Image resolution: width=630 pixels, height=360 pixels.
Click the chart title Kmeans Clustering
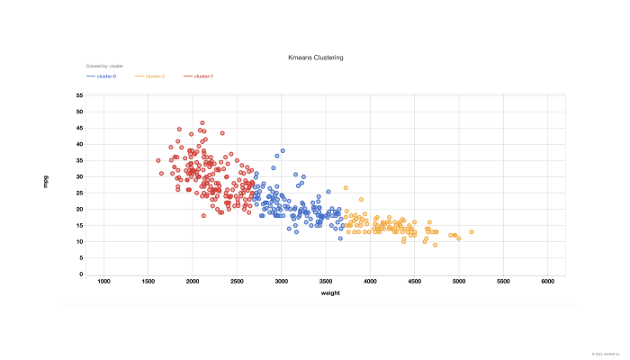point(315,58)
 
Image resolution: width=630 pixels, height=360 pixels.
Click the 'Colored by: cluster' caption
point(104,67)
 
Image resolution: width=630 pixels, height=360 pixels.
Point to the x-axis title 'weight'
point(329,293)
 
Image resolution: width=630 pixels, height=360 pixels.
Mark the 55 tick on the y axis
point(80,95)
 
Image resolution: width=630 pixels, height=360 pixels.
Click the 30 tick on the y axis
point(80,176)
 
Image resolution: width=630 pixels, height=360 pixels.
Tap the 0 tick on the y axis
point(82,274)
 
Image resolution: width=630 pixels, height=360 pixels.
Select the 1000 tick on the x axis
point(103,283)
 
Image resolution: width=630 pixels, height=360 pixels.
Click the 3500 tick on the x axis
point(326,283)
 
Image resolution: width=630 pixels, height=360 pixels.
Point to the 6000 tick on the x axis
point(548,283)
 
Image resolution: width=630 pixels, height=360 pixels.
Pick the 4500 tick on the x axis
point(414,283)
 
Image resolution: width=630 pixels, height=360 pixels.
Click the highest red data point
point(202,123)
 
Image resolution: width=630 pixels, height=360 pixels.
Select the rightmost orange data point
point(471,232)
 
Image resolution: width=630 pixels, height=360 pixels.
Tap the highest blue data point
point(282,150)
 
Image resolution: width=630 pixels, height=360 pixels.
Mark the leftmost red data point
point(157,160)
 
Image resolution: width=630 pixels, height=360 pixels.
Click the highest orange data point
point(346,188)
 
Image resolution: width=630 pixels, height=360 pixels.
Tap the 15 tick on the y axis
point(80,226)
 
